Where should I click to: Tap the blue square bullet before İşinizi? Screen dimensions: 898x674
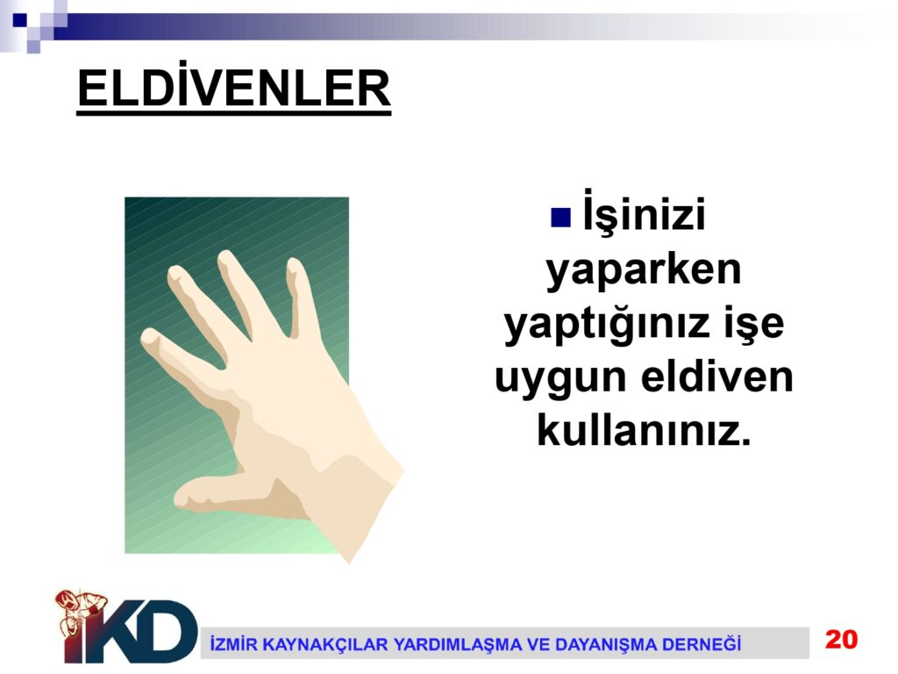coord(560,218)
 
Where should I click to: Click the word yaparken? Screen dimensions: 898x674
coord(644,269)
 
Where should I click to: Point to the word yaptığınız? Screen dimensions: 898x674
coord(598,323)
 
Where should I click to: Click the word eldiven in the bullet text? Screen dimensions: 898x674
coord(717,376)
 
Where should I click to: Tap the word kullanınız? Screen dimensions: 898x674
coord(644,429)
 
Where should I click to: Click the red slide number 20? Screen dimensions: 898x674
coord(841,639)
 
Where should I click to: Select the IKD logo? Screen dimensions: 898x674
coord(126,627)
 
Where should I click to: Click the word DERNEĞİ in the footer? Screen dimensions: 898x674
coord(702,643)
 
